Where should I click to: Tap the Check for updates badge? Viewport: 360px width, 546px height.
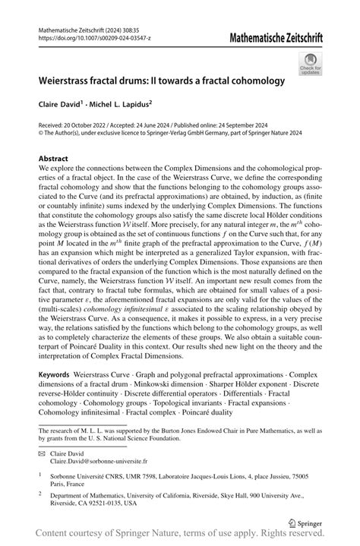(310, 65)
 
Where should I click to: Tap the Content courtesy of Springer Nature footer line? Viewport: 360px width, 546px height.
(180, 535)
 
